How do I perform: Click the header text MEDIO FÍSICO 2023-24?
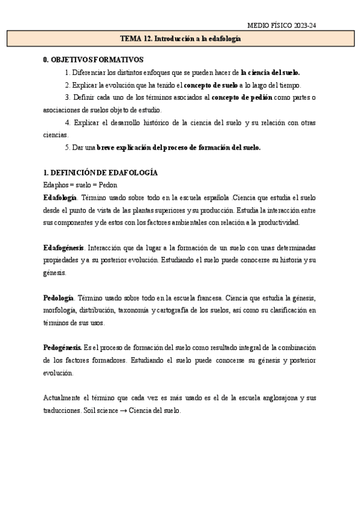coord(282,26)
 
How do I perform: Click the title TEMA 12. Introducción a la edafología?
coord(180,38)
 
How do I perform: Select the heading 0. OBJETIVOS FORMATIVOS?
coord(94,60)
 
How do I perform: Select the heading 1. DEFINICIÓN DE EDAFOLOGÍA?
coord(101,173)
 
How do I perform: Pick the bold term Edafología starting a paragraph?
coord(60,198)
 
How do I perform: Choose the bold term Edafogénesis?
coord(64,248)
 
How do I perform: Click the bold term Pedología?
coord(59,298)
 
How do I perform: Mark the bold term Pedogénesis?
coord(62,348)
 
